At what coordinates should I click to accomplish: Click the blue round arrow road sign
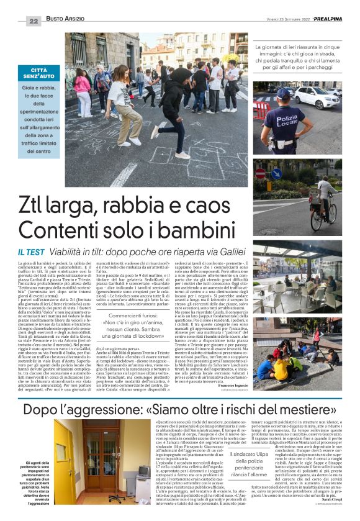pos(276,174)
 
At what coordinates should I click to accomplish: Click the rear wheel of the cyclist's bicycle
pos(333,221)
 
